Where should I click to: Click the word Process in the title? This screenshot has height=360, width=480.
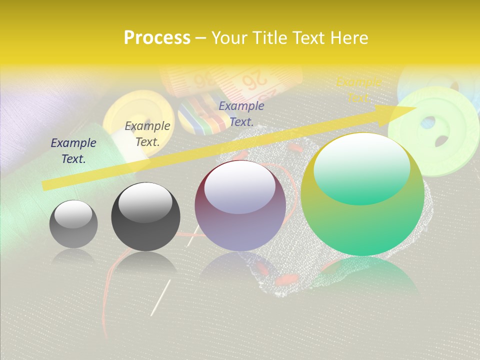point(157,37)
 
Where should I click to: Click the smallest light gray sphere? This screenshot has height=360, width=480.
point(73,224)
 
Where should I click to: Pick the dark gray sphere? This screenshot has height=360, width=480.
point(145,216)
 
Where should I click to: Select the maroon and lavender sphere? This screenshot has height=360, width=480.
point(240,205)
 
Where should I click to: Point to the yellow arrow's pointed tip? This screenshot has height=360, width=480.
point(415,108)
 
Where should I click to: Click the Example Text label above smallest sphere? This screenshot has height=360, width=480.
point(73,150)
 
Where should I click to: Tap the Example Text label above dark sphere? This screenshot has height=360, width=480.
point(147,133)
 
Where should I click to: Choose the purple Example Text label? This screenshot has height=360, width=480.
point(241,113)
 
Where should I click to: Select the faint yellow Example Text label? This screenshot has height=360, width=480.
point(358,89)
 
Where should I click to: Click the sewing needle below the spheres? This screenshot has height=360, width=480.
point(160,297)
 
